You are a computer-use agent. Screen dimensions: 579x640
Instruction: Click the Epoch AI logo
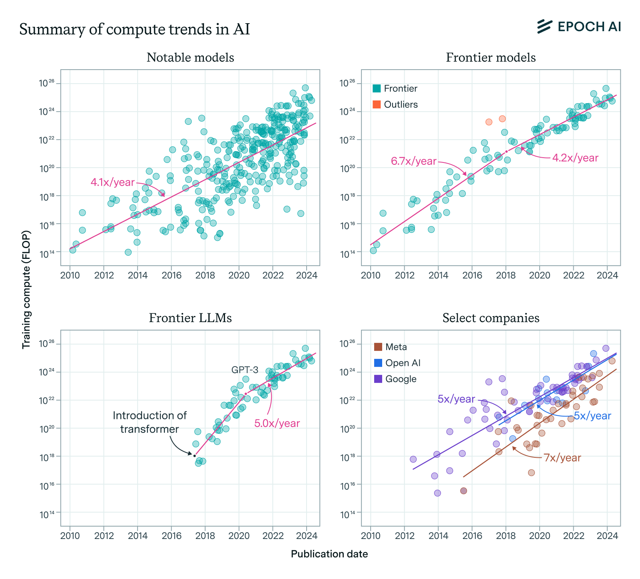(x=579, y=26)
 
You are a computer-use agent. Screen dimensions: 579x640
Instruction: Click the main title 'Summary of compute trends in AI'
(x=134, y=30)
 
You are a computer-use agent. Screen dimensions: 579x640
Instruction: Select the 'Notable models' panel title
(x=190, y=58)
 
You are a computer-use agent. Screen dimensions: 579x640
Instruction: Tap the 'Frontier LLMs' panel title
(x=190, y=318)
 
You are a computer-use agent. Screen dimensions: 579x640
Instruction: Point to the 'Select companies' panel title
(x=491, y=318)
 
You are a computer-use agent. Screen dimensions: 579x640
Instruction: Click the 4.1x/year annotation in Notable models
(x=112, y=182)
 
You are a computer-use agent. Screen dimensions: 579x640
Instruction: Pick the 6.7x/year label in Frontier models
(x=413, y=161)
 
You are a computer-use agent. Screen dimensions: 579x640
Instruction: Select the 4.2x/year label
(x=575, y=158)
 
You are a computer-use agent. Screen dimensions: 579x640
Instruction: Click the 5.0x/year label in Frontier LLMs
(x=277, y=423)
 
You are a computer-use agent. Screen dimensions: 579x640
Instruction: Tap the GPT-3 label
(x=245, y=370)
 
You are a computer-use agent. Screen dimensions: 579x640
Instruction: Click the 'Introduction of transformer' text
(x=150, y=422)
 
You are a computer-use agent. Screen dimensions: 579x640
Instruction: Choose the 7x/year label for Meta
(x=562, y=458)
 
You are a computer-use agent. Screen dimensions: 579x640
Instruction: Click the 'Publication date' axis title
(x=329, y=554)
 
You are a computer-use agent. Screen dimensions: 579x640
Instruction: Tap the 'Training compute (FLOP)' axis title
(x=26, y=289)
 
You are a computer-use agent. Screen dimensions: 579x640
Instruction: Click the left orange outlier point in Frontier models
(x=488, y=122)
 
